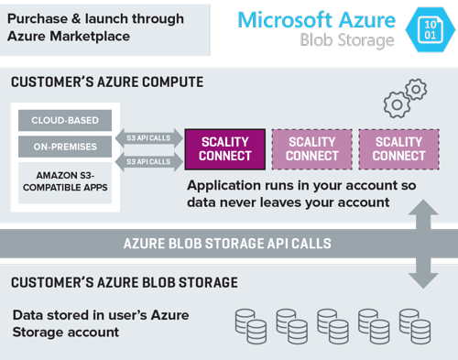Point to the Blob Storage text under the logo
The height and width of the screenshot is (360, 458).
pyautogui.click(x=348, y=41)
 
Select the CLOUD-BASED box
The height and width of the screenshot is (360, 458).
pyautogui.click(x=65, y=120)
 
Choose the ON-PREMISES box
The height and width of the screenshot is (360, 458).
pyautogui.click(x=65, y=146)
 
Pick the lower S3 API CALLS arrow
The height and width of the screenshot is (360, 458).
pyautogui.click(x=147, y=161)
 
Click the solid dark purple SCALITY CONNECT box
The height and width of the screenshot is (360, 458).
pyautogui.click(x=224, y=148)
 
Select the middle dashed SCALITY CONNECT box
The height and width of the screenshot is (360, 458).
pyautogui.click(x=311, y=148)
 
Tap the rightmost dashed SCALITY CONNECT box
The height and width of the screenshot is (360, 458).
pyautogui.click(x=398, y=148)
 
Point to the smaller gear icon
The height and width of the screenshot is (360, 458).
pyautogui.click(x=417, y=89)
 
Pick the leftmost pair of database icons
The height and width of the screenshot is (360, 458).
pyautogui.click(x=250, y=325)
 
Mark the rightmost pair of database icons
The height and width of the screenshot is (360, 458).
pyautogui.click(x=413, y=325)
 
